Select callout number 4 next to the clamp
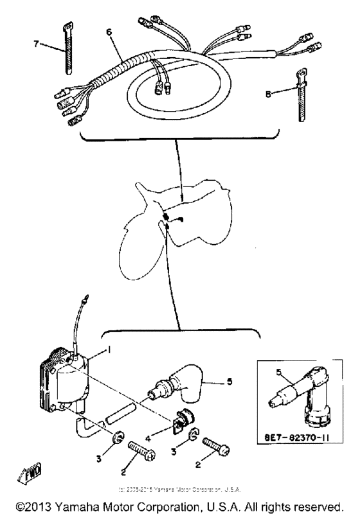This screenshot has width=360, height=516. (x=148, y=438)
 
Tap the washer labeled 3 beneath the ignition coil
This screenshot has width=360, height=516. (x=118, y=440)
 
